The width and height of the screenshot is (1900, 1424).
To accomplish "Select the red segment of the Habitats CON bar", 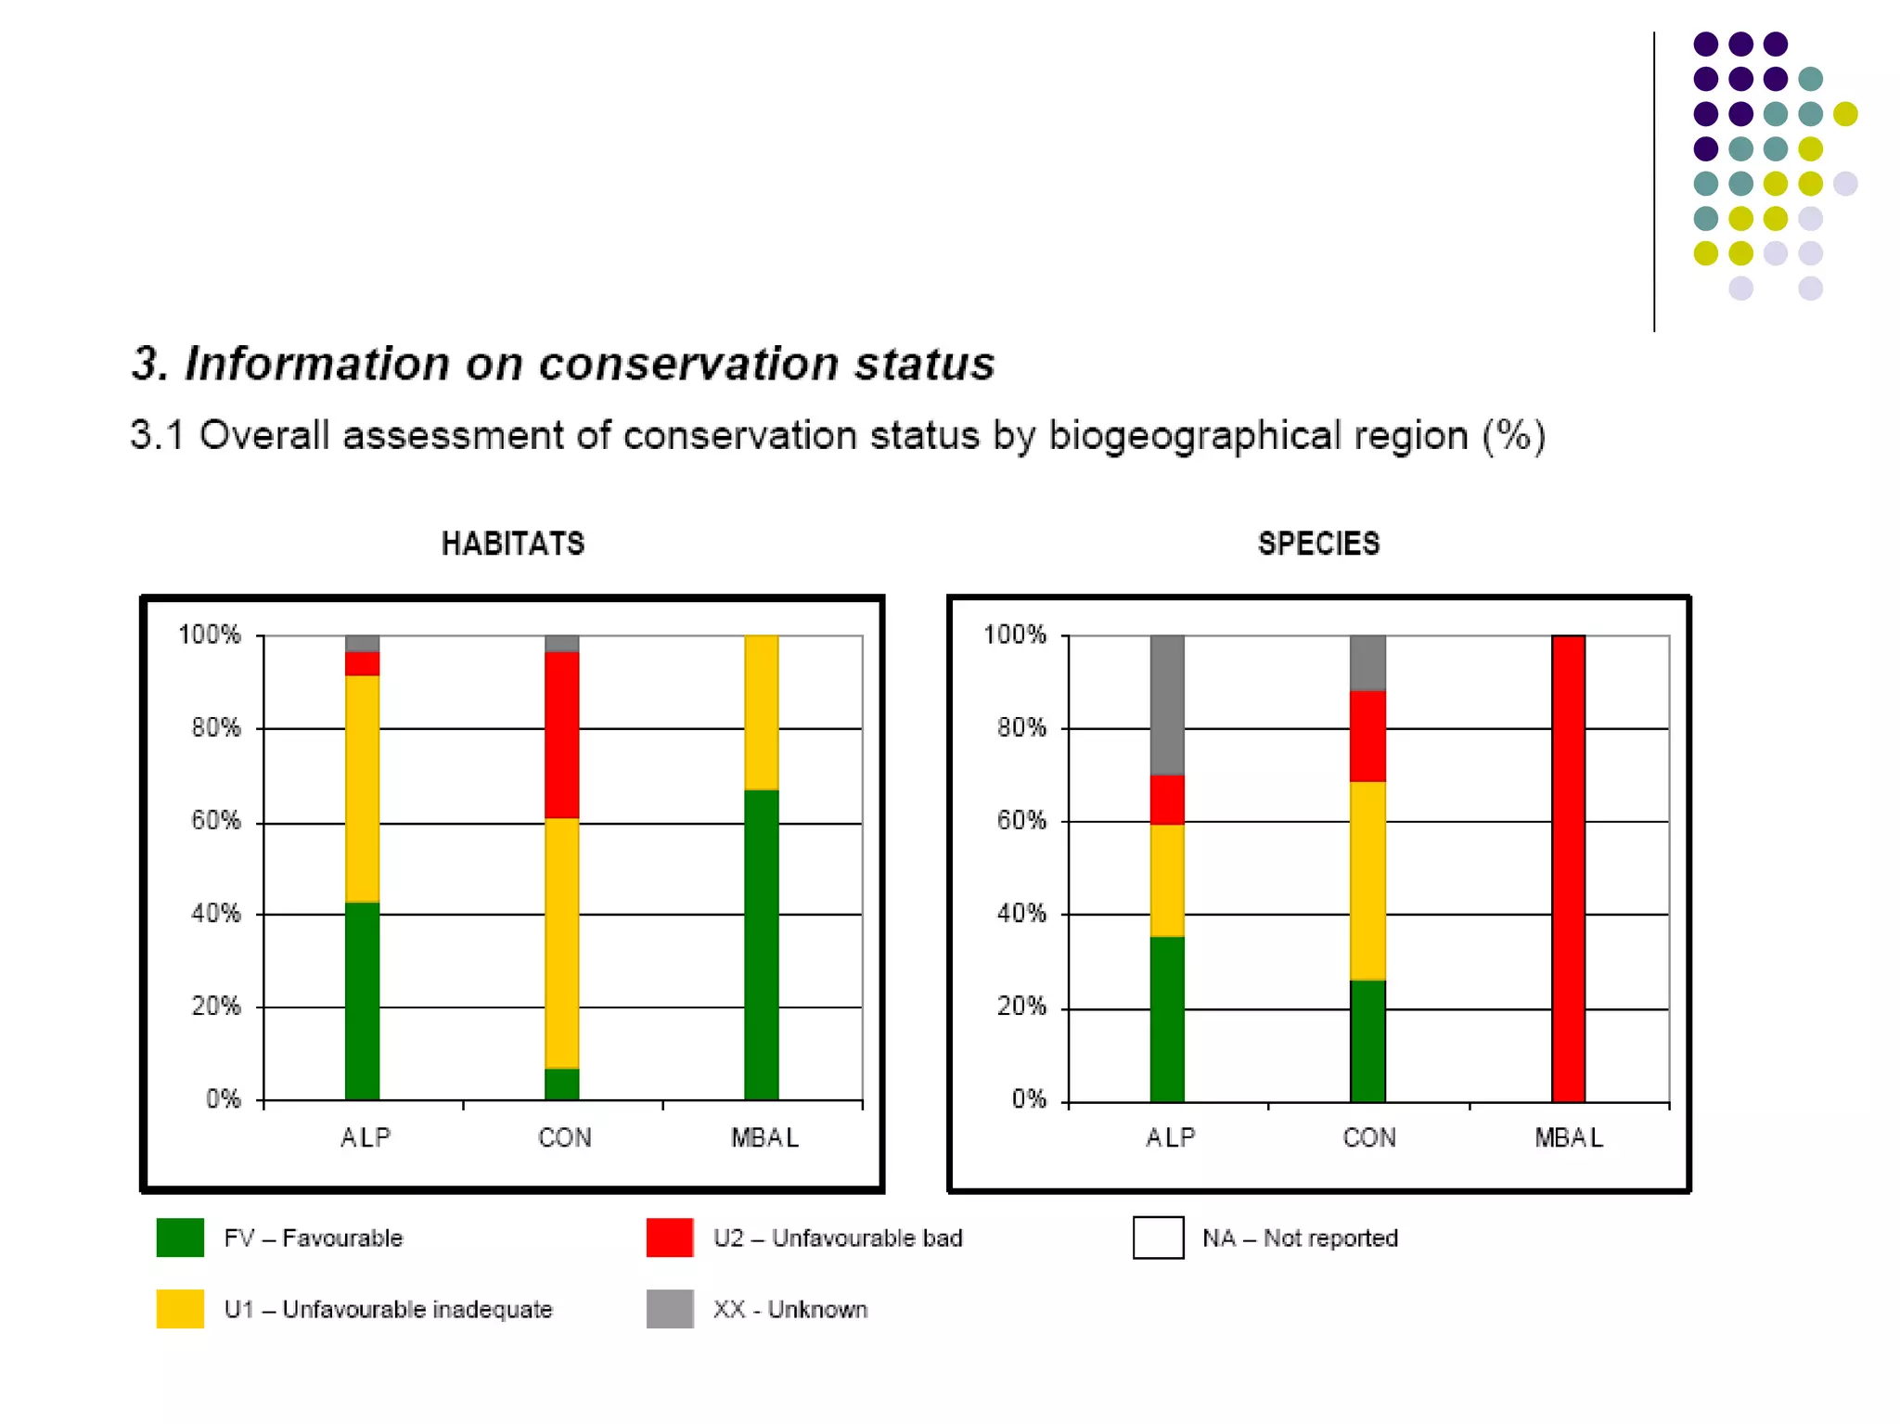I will tap(561, 734).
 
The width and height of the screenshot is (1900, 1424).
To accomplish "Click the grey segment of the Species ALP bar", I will tap(1166, 704).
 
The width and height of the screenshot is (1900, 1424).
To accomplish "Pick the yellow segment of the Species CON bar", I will tap(1367, 880).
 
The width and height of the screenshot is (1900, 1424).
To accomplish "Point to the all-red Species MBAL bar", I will tap(1568, 867).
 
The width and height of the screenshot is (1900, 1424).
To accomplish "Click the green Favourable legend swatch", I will tap(180, 1238).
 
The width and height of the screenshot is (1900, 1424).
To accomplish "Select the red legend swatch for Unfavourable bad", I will tap(669, 1238).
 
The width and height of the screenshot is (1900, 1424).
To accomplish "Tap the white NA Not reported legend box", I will tap(1158, 1238).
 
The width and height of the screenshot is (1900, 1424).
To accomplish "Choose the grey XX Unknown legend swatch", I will tap(669, 1309).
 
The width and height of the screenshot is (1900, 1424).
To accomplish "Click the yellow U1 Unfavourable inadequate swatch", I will tap(180, 1309).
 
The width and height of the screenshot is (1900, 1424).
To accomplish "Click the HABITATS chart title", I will tap(513, 544).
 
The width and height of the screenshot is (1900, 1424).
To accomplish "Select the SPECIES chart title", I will tap(1318, 544).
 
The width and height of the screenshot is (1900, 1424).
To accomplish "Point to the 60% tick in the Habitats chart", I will tap(215, 821).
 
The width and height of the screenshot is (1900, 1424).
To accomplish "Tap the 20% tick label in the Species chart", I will tap(1021, 1007).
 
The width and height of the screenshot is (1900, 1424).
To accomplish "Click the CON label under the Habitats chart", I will tap(564, 1137).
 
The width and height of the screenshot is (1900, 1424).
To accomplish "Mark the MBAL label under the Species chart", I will tap(1568, 1137).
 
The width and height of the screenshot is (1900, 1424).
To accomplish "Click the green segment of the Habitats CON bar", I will tap(561, 1084).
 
